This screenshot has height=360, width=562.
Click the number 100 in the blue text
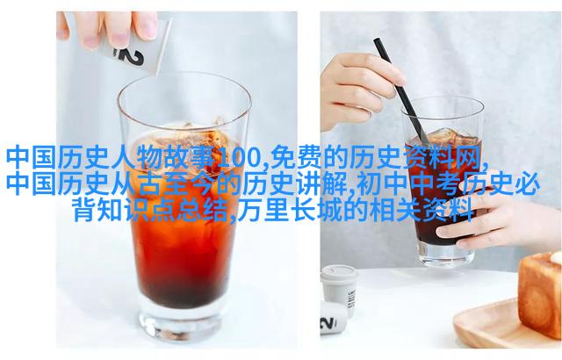coord(242,158)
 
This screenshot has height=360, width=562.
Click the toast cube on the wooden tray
coord(540,293)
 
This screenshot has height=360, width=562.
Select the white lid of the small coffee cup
coord(339,273)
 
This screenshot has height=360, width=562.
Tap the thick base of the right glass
coord(445,254)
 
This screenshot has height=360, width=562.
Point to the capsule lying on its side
coord(333,317)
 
